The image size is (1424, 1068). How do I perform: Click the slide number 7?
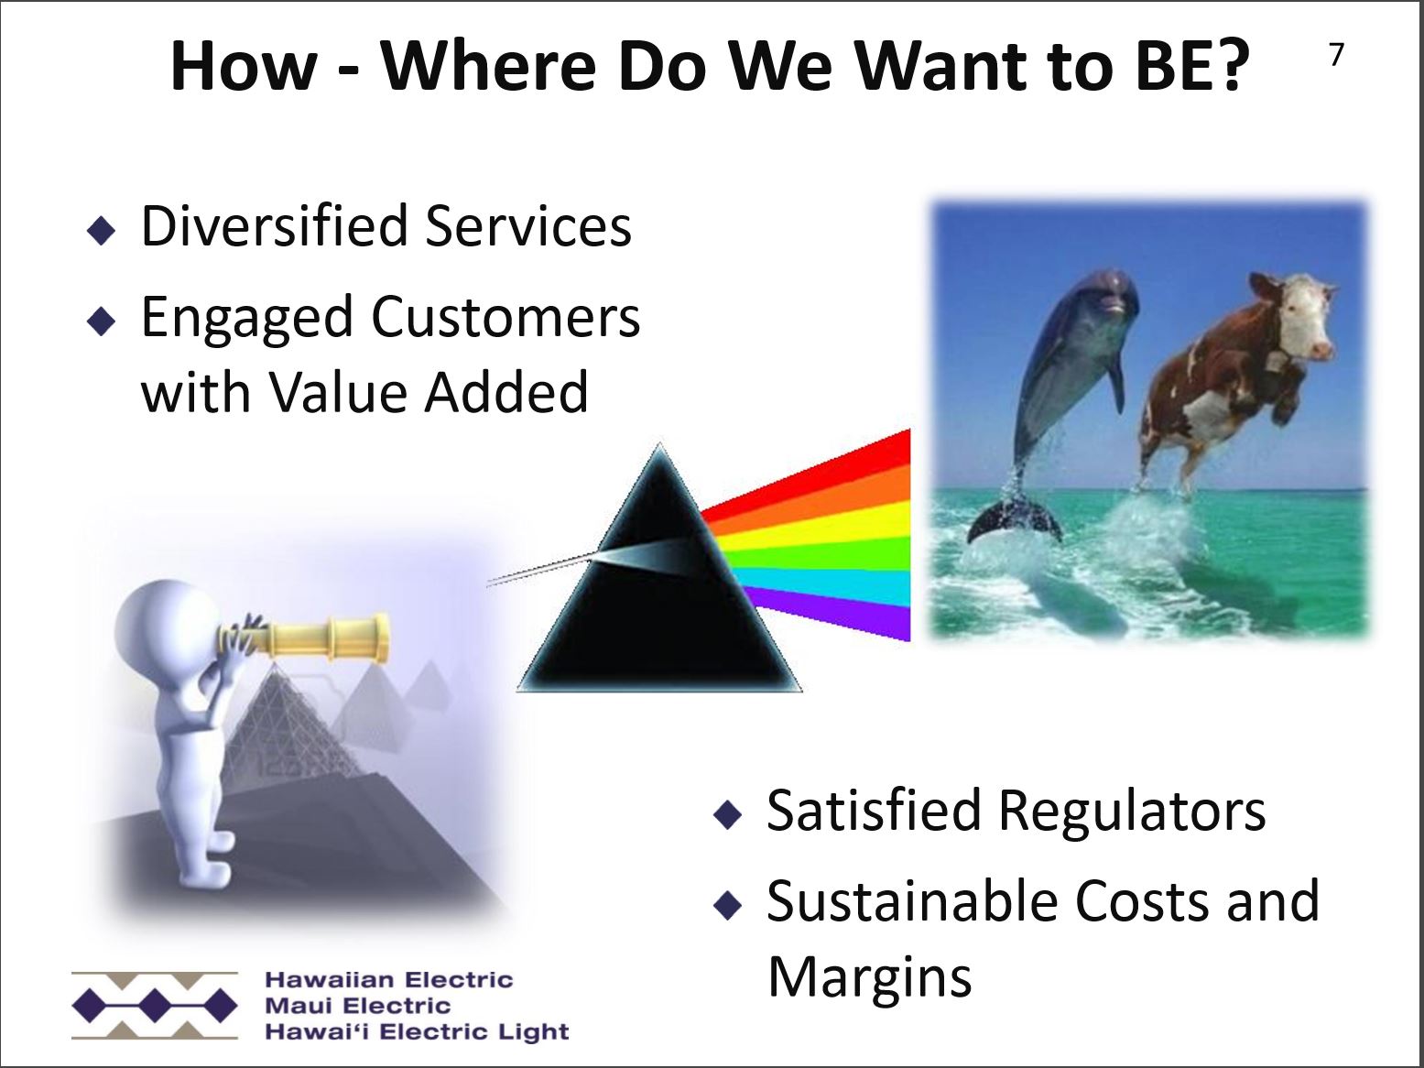[x=1336, y=55]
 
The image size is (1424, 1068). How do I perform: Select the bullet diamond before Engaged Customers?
[x=101, y=321]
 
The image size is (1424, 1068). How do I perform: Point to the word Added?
[x=506, y=392]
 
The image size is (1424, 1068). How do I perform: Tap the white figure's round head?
[x=166, y=623]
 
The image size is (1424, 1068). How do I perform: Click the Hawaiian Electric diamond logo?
[x=155, y=1005]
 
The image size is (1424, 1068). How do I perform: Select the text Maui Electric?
[x=357, y=1006]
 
